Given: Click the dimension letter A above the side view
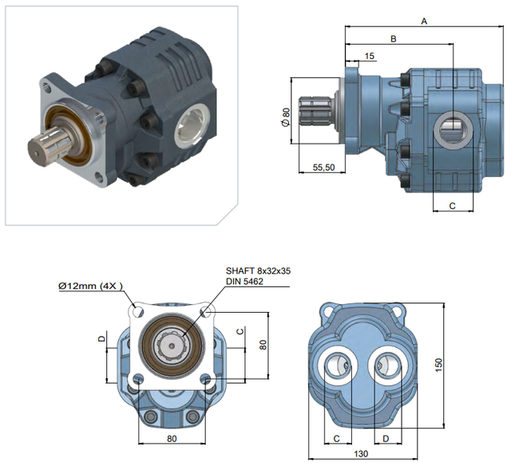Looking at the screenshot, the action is click(424, 22).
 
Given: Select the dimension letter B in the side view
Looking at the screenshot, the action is click(394, 39).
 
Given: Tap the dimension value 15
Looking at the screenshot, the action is click(369, 56).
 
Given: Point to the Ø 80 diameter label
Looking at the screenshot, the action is click(285, 117).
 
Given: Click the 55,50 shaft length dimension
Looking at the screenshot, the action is click(323, 168).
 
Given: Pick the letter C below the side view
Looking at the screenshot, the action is click(452, 206).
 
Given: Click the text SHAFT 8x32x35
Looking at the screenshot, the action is click(258, 271).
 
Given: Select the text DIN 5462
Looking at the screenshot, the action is click(244, 282).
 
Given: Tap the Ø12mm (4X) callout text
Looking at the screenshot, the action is click(90, 286).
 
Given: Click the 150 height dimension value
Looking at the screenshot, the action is click(438, 365).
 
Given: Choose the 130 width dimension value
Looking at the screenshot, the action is click(361, 453).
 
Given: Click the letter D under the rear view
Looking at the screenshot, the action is click(386, 439).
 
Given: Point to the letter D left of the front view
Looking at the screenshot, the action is click(102, 338).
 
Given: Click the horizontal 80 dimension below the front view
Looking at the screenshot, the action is click(172, 439).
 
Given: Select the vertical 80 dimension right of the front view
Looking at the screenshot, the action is click(263, 345).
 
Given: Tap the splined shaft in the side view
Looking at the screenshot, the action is click(315, 111).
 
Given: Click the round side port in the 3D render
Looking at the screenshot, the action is click(192, 125).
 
